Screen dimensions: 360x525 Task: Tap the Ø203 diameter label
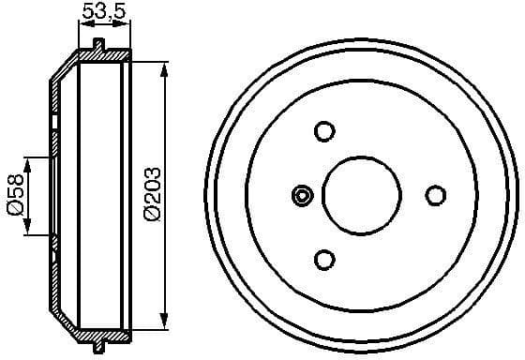tap(153, 194)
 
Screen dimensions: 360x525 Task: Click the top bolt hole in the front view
tap(324, 131)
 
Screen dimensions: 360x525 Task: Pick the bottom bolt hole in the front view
tap(324, 259)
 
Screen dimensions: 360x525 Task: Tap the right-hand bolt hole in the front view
tap(434, 195)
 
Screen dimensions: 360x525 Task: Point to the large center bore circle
tap(363, 195)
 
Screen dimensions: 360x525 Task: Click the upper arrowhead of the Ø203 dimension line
tap(167, 67)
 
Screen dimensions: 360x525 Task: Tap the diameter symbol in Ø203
tap(153, 215)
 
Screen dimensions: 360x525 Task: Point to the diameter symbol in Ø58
tap(15, 212)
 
